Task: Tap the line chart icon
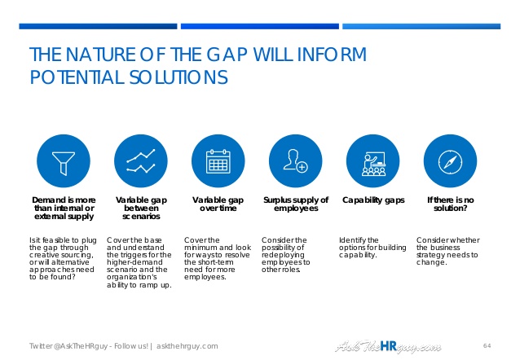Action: coord(141,161)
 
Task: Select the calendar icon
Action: coord(218,161)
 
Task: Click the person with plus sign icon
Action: coord(296,161)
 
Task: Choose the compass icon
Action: coord(451,161)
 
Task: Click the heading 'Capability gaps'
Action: coord(373,200)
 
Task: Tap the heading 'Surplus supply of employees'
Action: coord(296,204)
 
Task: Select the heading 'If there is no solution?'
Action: coord(451,204)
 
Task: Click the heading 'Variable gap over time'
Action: coord(218,204)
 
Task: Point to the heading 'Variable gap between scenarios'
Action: coord(141,209)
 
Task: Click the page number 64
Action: coord(487,345)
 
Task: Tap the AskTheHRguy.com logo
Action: coord(388,346)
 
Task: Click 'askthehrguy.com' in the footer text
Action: coord(187,346)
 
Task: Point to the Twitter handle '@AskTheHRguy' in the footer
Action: coord(80,346)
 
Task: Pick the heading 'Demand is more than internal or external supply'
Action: coord(64,209)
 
